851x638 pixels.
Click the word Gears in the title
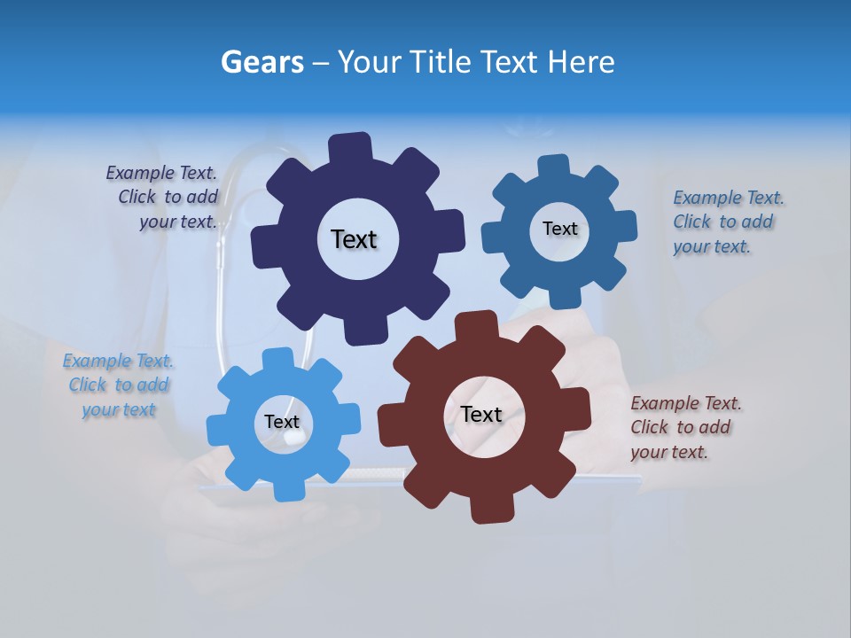click(262, 62)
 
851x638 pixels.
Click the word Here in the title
click(582, 62)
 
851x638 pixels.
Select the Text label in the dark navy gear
click(354, 239)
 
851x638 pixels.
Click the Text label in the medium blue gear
click(559, 229)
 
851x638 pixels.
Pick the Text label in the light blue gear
click(282, 422)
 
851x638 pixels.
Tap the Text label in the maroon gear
click(481, 414)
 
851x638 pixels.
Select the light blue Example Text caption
click(119, 385)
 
